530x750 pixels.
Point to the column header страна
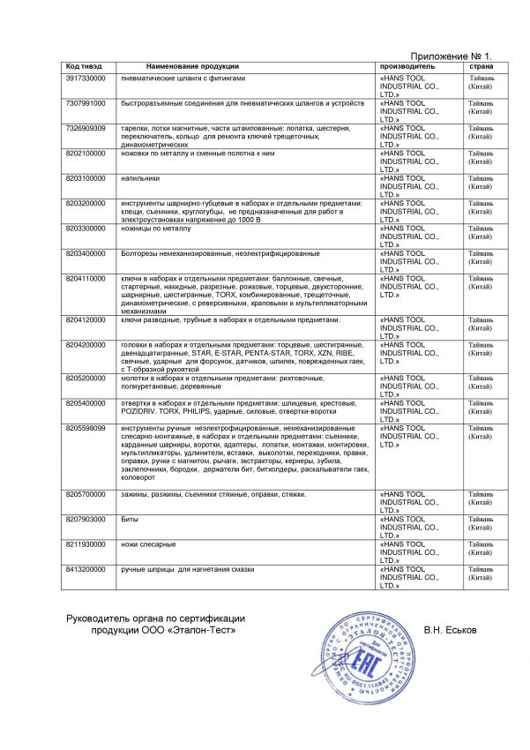pyautogui.click(x=481, y=67)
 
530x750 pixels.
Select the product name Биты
pyautogui.click(x=129, y=521)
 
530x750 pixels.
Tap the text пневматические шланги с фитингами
pyautogui.click(x=181, y=79)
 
